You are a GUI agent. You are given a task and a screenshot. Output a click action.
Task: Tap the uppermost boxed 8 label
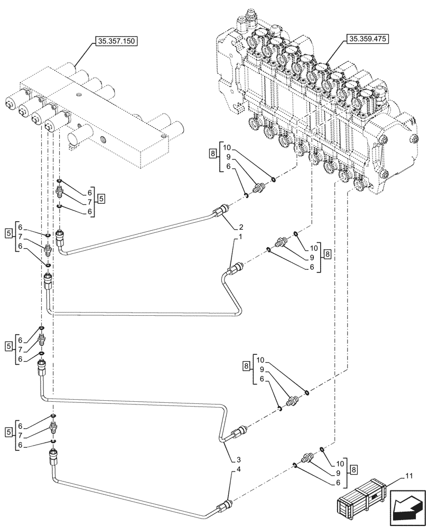(212, 154)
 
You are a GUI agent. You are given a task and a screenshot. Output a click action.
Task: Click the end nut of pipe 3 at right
(239, 431)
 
